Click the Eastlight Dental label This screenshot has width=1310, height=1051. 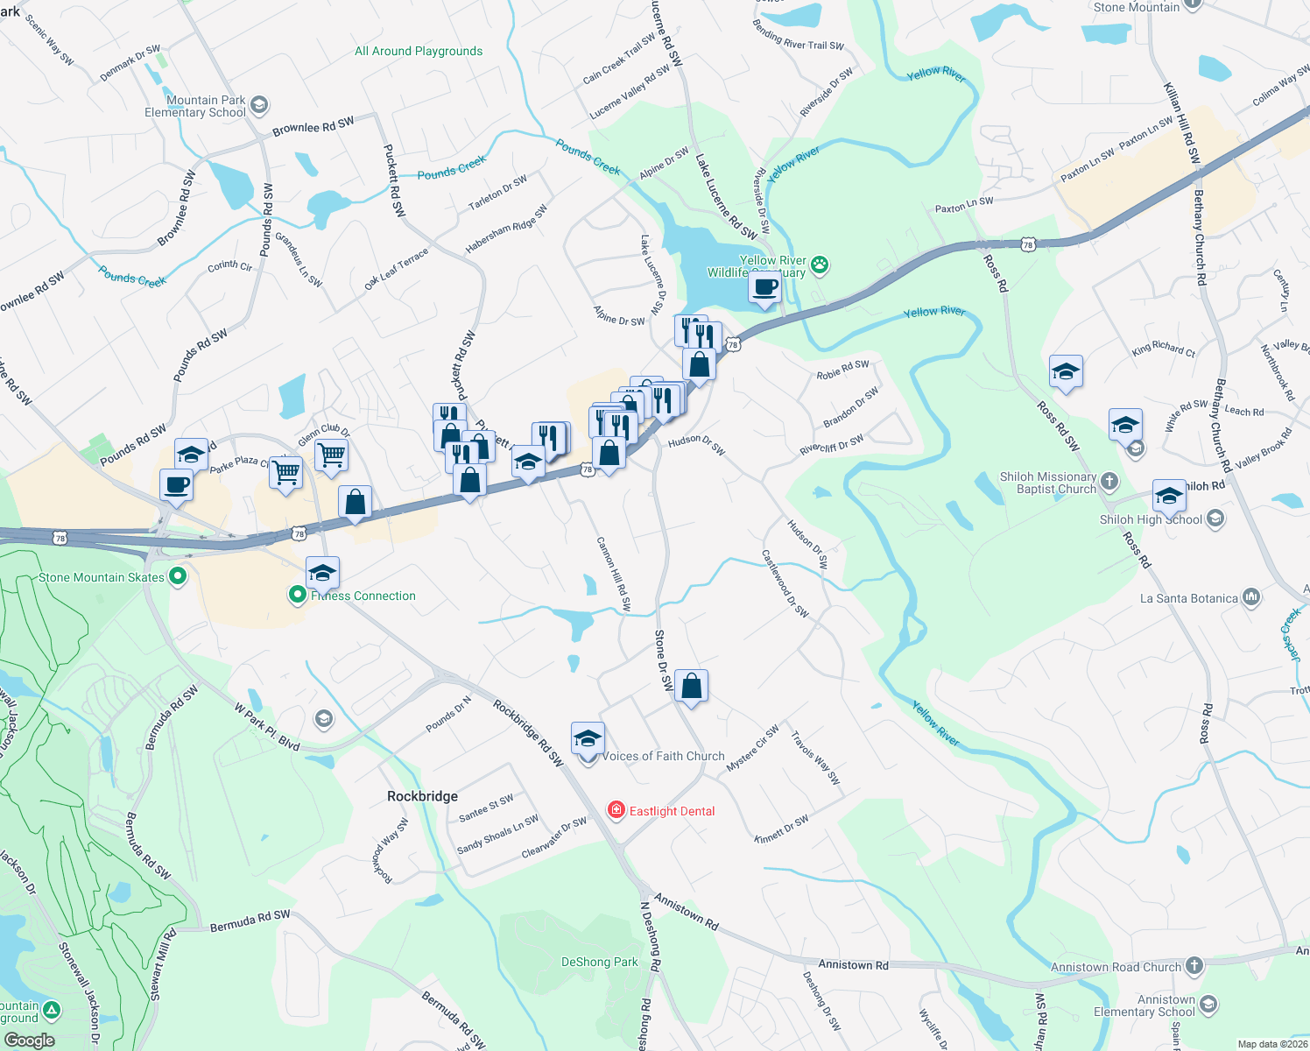[672, 811]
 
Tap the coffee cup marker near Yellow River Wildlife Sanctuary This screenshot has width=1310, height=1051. [764, 287]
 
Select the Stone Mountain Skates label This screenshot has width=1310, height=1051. [102, 577]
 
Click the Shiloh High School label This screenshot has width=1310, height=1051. [1151, 519]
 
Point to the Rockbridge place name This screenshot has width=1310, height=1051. [422, 796]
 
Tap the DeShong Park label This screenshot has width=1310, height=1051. [599, 962]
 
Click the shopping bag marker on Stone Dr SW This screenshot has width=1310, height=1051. [691, 687]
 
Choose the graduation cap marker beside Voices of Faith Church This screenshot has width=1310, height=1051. [588, 738]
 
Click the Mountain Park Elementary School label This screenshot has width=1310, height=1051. [195, 106]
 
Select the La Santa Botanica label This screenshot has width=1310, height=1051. [1188, 598]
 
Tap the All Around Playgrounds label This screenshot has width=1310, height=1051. [419, 51]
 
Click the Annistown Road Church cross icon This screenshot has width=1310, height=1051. [1194, 966]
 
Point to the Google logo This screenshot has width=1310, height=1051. [29, 1040]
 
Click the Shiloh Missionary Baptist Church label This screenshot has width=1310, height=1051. [1048, 483]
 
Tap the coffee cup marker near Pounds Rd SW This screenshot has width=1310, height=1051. [176, 485]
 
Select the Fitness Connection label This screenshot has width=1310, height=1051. [363, 596]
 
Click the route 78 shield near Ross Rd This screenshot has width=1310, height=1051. [1027, 244]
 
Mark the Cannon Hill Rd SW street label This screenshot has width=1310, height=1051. [613, 574]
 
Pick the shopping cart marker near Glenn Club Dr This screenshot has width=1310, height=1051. [331, 455]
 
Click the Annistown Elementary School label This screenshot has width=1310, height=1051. [1144, 1005]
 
